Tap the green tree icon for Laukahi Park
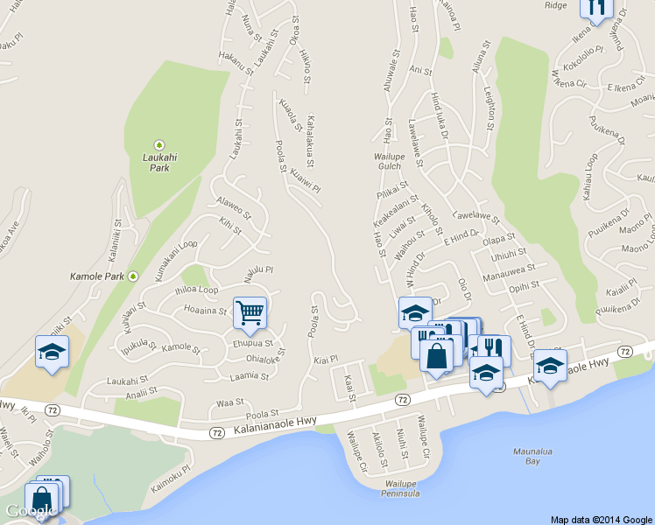[159, 144]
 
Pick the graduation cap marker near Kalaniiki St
[52, 353]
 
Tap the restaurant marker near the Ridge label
[596, 8]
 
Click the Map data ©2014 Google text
[601, 519]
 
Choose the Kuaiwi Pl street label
[305, 179]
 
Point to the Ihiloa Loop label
[197, 290]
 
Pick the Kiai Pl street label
[325, 360]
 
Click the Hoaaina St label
[206, 309]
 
